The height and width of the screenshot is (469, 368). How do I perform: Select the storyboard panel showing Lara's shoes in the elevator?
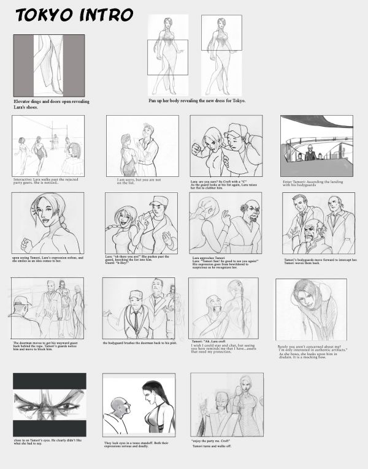pos(49,65)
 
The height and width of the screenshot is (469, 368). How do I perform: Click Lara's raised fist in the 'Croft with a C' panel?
pos(197,149)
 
